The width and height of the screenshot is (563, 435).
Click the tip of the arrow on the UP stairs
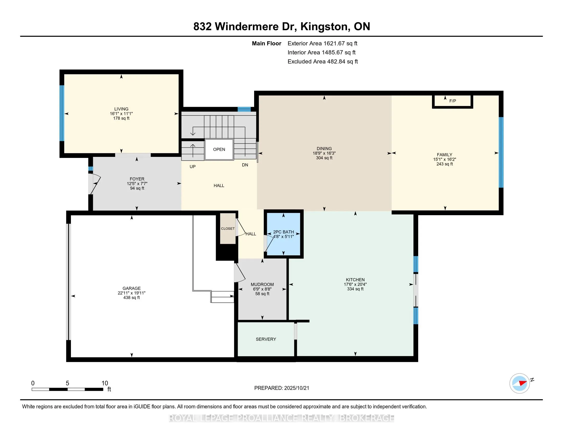[193, 144]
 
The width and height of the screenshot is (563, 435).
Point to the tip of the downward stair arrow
[193, 135]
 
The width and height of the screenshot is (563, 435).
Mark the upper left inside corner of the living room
[64, 74]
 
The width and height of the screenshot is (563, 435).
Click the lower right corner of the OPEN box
[233, 159]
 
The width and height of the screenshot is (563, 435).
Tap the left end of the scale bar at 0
[32, 389]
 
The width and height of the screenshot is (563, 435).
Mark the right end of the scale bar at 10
[103, 389]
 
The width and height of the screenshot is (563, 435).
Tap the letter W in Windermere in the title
[219, 27]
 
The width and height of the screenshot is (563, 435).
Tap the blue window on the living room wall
[62, 113]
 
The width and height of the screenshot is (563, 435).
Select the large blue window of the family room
[501, 152]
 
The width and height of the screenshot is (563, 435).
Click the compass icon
[520, 383]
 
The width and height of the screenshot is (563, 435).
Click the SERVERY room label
[266, 339]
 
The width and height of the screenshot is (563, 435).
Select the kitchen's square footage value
[355, 289]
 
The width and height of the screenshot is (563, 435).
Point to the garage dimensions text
[132, 293]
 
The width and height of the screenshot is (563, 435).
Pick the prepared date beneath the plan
[296, 388]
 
